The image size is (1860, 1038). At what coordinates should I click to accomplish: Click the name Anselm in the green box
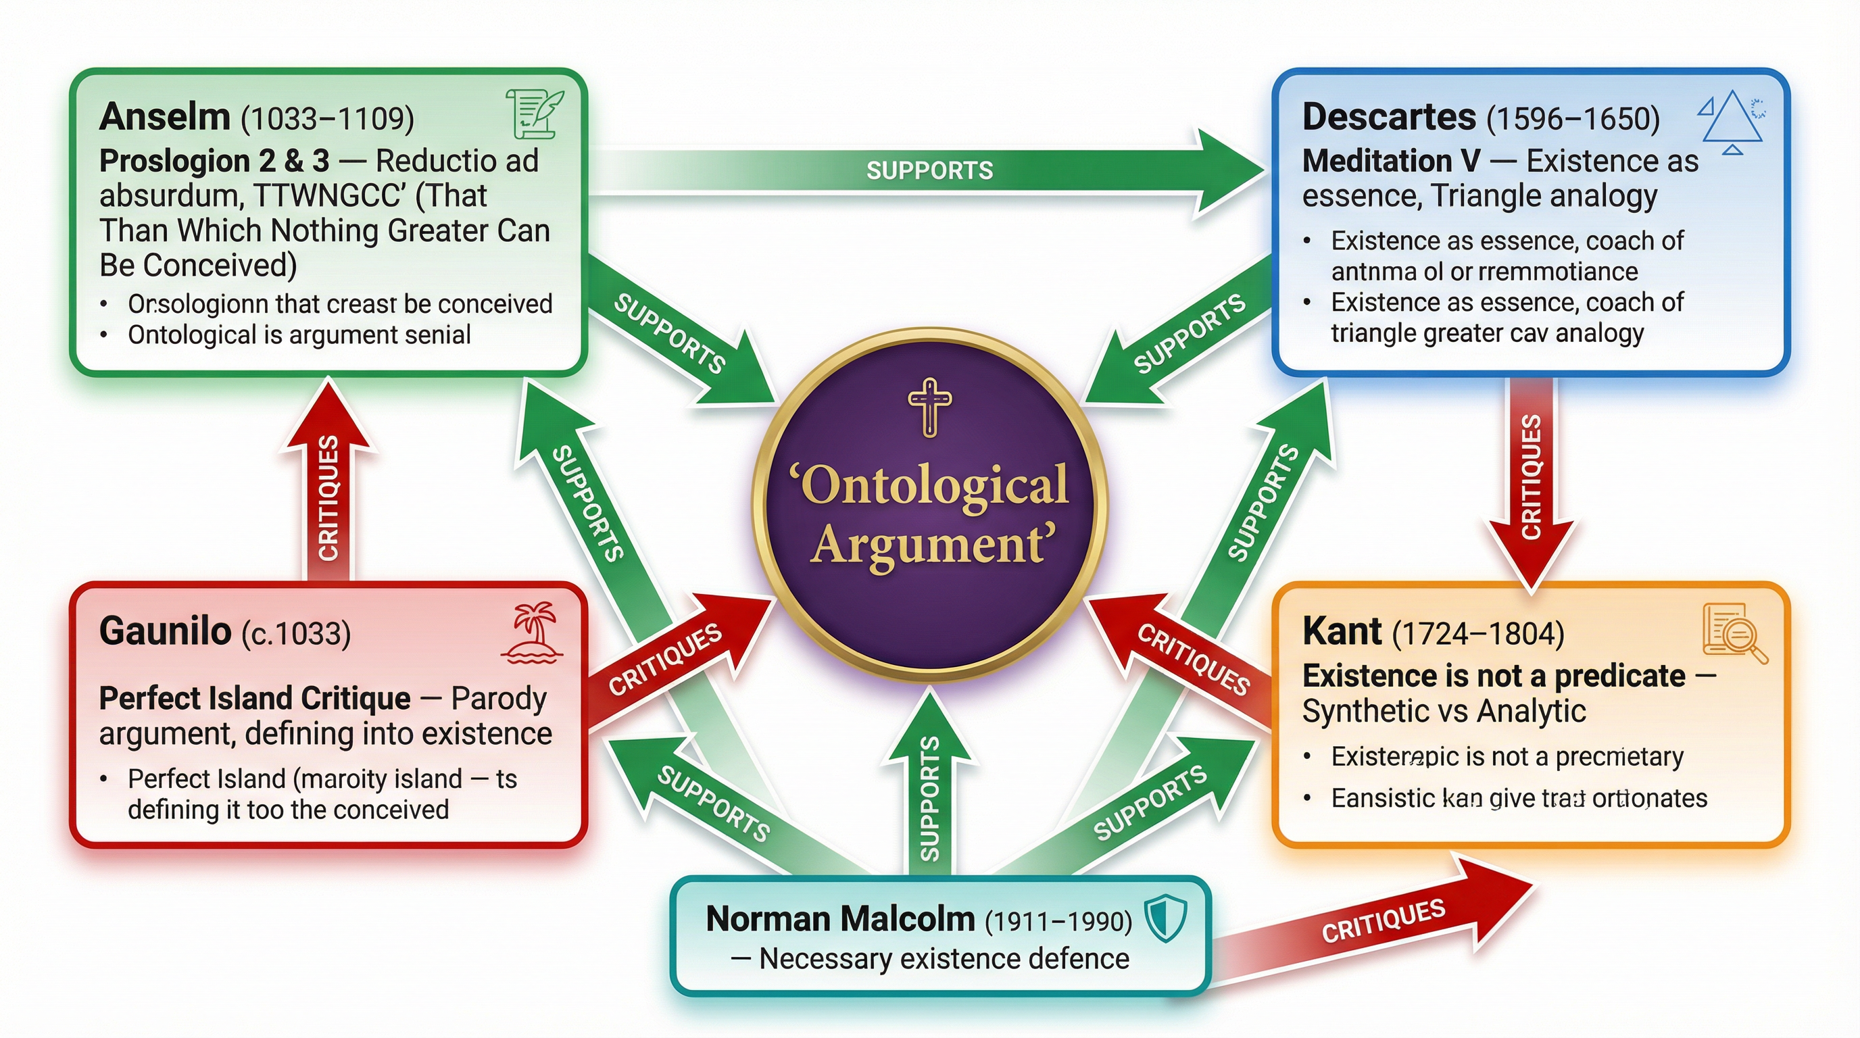pos(165,117)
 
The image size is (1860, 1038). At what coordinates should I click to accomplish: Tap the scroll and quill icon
pos(535,114)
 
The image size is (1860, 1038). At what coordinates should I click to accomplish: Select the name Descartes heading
pos(1388,117)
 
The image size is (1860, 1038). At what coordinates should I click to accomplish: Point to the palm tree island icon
pos(532,633)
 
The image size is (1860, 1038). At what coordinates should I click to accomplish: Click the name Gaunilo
pos(165,632)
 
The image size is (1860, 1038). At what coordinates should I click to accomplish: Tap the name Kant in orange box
pos(1342,632)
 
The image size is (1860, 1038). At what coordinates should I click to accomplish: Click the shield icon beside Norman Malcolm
pos(1165,918)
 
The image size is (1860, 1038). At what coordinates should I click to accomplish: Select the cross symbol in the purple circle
pos(929,406)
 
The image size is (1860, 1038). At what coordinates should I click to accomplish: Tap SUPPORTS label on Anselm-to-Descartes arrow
pos(929,170)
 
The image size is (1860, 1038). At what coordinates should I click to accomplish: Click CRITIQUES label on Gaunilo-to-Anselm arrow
pos(328,498)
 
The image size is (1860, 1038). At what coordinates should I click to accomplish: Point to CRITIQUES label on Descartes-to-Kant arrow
pos(1531,476)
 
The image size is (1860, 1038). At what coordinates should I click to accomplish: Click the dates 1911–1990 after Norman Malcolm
pos(1058,921)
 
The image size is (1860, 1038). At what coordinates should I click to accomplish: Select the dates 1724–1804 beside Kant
pos(1477,634)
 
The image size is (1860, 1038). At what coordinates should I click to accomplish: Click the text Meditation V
pos(1391,161)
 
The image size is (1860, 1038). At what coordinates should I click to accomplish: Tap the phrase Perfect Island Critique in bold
pos(254,699)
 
